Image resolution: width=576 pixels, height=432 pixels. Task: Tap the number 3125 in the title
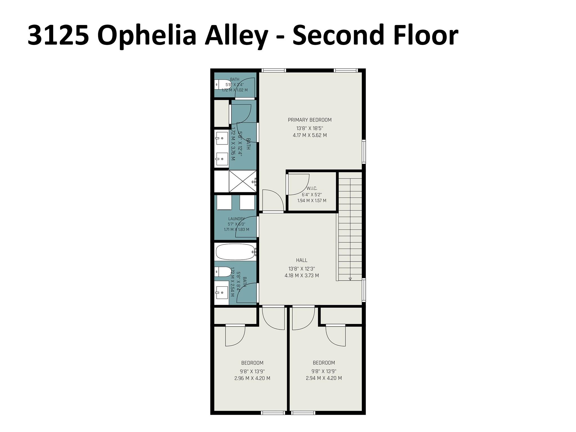pos(58,35)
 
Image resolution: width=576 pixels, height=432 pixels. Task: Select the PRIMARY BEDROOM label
pos(310,120)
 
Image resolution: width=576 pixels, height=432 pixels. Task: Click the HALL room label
pos(301,260)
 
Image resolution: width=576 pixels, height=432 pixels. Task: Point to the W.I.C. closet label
pos(312,188)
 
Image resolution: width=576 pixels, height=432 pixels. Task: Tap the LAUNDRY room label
pos(236,219)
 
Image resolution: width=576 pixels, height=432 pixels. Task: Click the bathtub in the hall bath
pos(235,252)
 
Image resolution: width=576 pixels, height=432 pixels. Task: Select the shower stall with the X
pos(242,181)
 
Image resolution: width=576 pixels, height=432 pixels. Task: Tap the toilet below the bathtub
pos(223,272)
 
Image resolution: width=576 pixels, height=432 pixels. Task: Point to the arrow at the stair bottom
pos(350,279)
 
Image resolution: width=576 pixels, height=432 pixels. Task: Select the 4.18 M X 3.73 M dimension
pos(301,276)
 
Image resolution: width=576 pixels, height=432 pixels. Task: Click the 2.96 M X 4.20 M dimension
pos(252,378)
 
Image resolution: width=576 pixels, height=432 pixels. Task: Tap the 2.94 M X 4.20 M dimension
pos(324,378)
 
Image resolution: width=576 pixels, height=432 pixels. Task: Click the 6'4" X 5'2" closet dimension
pos(312,194)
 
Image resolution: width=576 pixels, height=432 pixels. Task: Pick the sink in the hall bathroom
pos(222,293)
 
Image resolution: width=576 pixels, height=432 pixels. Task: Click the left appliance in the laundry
pos(224,202)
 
